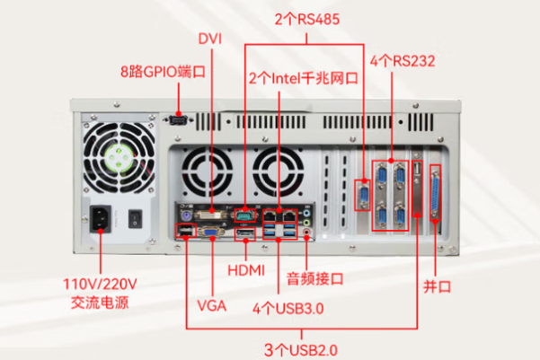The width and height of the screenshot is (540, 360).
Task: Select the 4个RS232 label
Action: tap(403, 61)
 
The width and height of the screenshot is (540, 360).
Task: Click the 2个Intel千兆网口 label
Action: tap(304, 79)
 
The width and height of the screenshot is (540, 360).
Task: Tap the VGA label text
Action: tap(212, 306)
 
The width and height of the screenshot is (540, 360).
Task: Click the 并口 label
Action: tap(437, 286)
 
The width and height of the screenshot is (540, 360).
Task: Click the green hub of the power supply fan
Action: tap(120, 161)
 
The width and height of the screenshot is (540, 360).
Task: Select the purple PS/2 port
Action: tap(185, 215)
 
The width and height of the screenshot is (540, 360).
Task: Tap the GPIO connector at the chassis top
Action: tap(178, 119)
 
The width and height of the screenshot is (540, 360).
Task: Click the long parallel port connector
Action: tap(437, 192)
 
